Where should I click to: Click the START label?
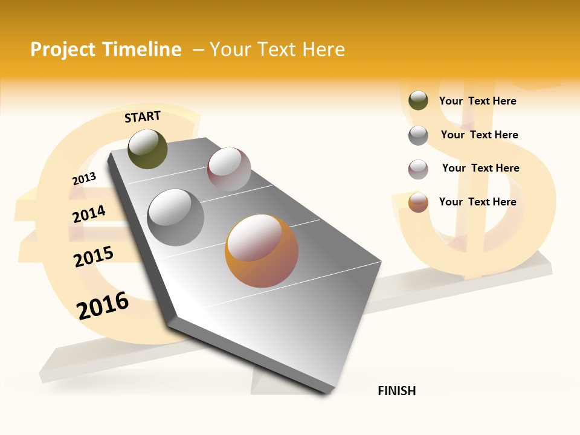pyautogui.click(x=143, y=117)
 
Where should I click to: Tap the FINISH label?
pyautogui.click(x=396, y=391)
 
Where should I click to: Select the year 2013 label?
pyautogui.click(x=84, y=179)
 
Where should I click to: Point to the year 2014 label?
pyautogui.click(x=89, y=214)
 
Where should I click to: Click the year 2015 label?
pyautogui.click(x=94, y=257)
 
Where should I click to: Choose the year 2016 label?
pyautogui.click(x=103, y=306)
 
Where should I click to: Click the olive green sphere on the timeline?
pyautogui.click(x=147, y=149)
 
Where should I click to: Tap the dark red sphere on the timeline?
pyautogui.click(x=229, y=169)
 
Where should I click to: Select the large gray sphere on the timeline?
pyautogui.click(x=175, y=217)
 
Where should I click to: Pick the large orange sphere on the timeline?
pyautogui.click(x=262, y=251)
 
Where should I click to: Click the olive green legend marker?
pyautogui.click(x=418, y=101)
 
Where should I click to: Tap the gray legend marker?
pyautogui.click(x=418, y=135)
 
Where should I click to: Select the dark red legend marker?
pyautogui.click(x=418, y=169)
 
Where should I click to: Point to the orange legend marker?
pyautogui.click(x=418, y=202)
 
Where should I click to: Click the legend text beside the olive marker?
pyautogui.click(x=477, y=101)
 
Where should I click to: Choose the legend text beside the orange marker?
pyautogui.click(x=477, y=202)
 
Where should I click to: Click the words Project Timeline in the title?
pyautogui.click(x=106, y=50)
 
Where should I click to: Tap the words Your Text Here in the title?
pyautogui.click(x=277, y=50)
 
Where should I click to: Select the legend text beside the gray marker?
pyautogui.click(x=479, y=135)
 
